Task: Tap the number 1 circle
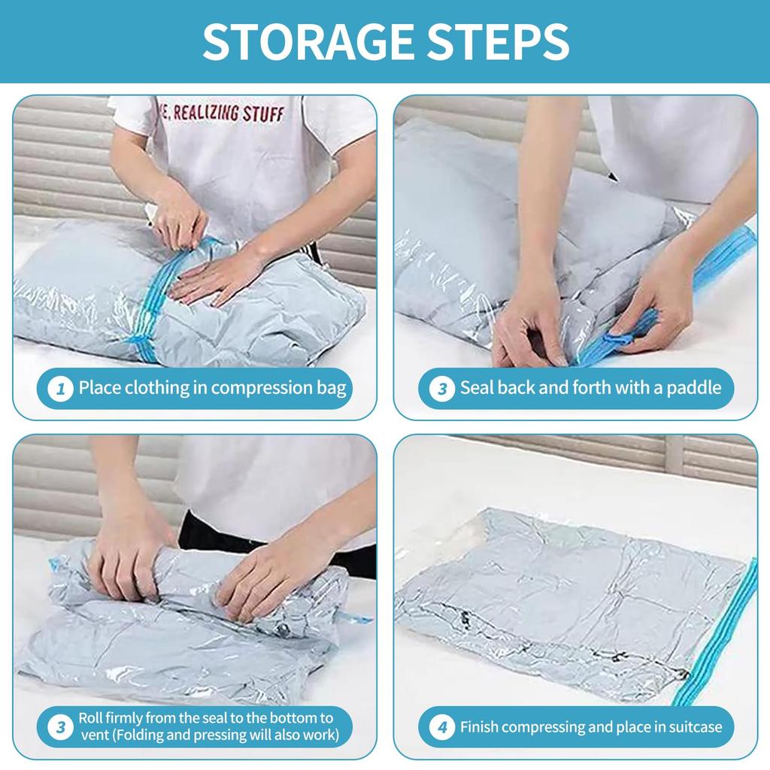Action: [60, 389]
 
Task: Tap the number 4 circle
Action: [442, 727]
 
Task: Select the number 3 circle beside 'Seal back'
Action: [442, 389]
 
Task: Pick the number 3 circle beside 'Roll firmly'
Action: [60, 727]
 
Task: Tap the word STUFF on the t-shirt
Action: [264, 114]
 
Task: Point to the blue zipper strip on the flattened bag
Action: [722, 632]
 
